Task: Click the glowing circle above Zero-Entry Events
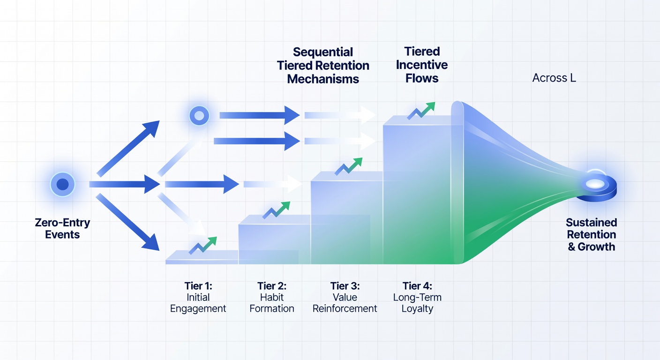(x=62, y=184)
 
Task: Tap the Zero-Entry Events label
(x=62, y=229)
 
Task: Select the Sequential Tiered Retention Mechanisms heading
(x=323, y=66)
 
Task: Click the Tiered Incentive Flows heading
(x=421, y=65)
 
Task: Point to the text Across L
(x=554, y=78)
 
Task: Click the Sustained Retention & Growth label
(x=592, y=234)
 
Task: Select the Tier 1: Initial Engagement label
(x=198, y=297)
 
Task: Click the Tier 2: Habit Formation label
(x=272, y=297)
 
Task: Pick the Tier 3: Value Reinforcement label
(x=345, y=297)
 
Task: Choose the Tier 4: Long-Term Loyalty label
(x=417, y=297)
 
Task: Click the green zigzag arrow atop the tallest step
(x=421, y=111)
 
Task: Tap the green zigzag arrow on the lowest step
(x=202, y=246)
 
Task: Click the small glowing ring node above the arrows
(x=199, y=116)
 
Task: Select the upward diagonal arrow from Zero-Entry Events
(x=128, y=149)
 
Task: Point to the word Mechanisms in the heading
(x=323, y=79)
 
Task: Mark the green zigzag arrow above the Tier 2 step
(x=276, y=210)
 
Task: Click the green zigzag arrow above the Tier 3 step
(x=348, y=166)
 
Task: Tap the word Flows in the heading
(x=421, y=78)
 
